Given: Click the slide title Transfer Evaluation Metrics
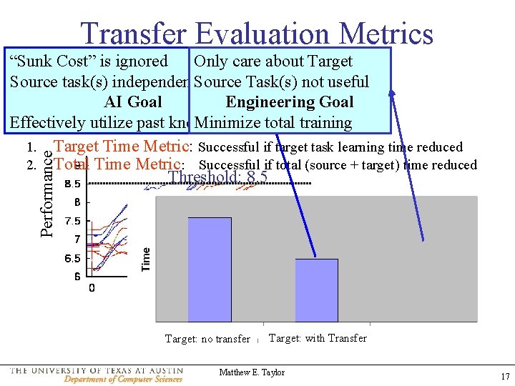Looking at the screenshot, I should pyautogui.click(x=257, y=33).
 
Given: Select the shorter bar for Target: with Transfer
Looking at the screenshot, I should pyautogui.click(x=316, y=289).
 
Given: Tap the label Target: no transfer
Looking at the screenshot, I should pyautogui.click(x=207, y=339).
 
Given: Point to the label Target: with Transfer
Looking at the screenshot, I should pyautogui.click(x=318, y=338).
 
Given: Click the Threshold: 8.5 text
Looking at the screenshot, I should pyautogui.click(x=217, y=177).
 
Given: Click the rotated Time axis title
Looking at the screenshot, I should pyautogui.click(x=146, y=259).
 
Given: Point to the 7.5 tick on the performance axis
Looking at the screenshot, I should pyautogui.click(x=72, y=221).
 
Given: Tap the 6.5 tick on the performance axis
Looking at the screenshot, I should pyautogui.click(x=72, y=258).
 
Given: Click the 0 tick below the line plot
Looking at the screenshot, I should pyautogui.click(x=92, y=287).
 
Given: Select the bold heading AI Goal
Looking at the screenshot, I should pyautogui.click(x=133, y=102).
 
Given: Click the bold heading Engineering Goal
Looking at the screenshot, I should pyautogui.click(x=289, y=102).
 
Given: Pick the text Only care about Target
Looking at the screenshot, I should pyautogui.click(x=273, y=61).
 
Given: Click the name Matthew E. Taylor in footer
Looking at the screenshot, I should pyautogui.click(x=252, y=372).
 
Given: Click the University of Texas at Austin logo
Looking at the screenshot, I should pyautogui.click(x=97, y=375).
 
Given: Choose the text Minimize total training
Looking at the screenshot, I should pyautogui.click(x=273, y=123).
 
